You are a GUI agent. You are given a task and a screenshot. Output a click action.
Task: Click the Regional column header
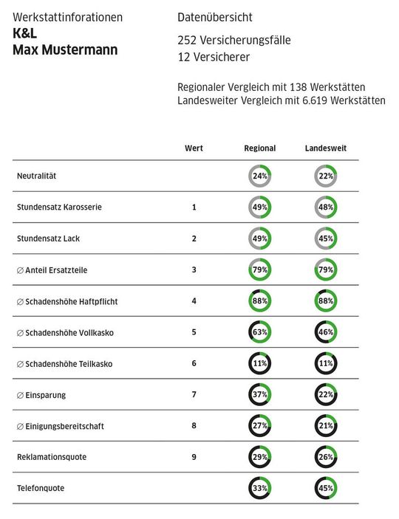coord(259,148)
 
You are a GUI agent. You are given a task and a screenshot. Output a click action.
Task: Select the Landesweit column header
coord(326,148)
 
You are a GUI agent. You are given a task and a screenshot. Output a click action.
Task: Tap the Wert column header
coord(194,148)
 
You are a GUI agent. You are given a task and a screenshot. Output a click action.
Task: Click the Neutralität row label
coord(37,176)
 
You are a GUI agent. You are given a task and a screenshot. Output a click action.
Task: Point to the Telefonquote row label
coord(41,488)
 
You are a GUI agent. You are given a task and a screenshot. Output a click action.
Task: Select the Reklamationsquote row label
coord(52,457)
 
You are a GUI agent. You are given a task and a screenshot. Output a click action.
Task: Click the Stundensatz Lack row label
coord(50,238)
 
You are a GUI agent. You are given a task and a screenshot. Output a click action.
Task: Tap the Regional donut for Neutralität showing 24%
coord(260,176)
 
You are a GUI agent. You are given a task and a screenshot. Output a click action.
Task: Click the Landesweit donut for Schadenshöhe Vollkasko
coord(326,332)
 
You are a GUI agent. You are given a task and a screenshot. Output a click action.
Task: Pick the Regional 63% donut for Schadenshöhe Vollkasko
coord(260,332)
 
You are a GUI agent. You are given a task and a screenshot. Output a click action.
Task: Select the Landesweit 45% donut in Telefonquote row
coord(326,488)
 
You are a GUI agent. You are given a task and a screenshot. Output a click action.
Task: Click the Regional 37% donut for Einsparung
coord(260,395)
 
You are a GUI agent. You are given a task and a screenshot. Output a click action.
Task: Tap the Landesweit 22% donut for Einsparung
coord(326,395)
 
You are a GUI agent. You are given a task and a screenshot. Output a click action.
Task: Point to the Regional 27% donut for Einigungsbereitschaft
coord(260,426)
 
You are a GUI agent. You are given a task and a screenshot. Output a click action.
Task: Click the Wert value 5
coord(194,332)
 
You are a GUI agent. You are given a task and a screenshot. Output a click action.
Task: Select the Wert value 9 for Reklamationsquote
coord(194,457)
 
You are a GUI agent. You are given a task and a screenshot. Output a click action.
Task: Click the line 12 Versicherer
coord(214,57)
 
